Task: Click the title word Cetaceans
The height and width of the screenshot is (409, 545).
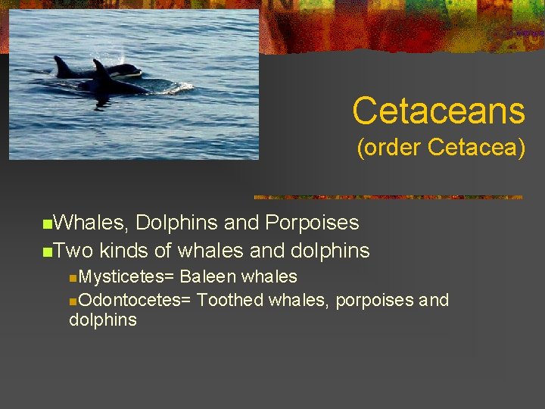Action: click(438, 111)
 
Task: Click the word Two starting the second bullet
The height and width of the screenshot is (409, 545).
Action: click(73, 251)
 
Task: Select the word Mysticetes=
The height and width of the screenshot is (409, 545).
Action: click(126, 277)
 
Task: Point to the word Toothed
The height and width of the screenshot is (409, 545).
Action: click(230, 301)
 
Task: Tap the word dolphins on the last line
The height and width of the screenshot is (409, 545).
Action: click(103, 320)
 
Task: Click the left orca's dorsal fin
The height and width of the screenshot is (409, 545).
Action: click(60, 64)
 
